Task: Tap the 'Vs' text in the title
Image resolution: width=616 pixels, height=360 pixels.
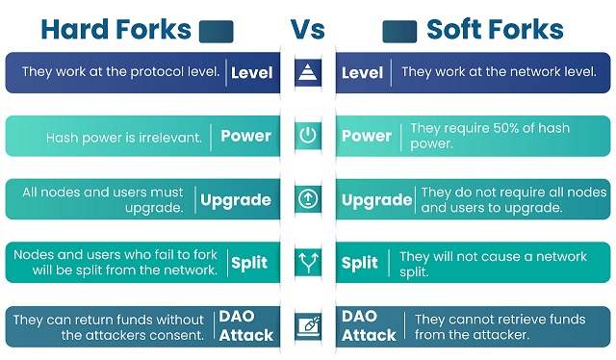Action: pos(308,30)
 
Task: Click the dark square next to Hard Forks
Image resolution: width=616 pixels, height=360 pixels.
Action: pos(216,31)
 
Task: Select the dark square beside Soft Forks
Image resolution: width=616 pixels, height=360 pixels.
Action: pos(398,31)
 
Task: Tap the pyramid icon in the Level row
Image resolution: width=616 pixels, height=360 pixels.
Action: pos(308,72)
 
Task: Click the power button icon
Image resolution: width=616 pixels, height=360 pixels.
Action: pos(308,136)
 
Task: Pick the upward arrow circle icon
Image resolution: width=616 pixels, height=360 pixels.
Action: pos(308,200)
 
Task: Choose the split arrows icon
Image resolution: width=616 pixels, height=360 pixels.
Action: pos(308,263)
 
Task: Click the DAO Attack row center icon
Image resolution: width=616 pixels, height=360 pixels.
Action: pos(308,326)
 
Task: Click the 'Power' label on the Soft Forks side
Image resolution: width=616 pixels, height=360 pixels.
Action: pos(367,136)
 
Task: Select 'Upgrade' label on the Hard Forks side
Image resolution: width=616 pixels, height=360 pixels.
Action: pos(236,200)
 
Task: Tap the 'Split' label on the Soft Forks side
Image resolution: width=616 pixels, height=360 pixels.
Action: pos(361,263)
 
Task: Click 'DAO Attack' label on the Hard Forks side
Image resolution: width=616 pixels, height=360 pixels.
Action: pos(247,326)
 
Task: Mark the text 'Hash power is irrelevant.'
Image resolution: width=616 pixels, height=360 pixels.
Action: pos(124,137)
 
